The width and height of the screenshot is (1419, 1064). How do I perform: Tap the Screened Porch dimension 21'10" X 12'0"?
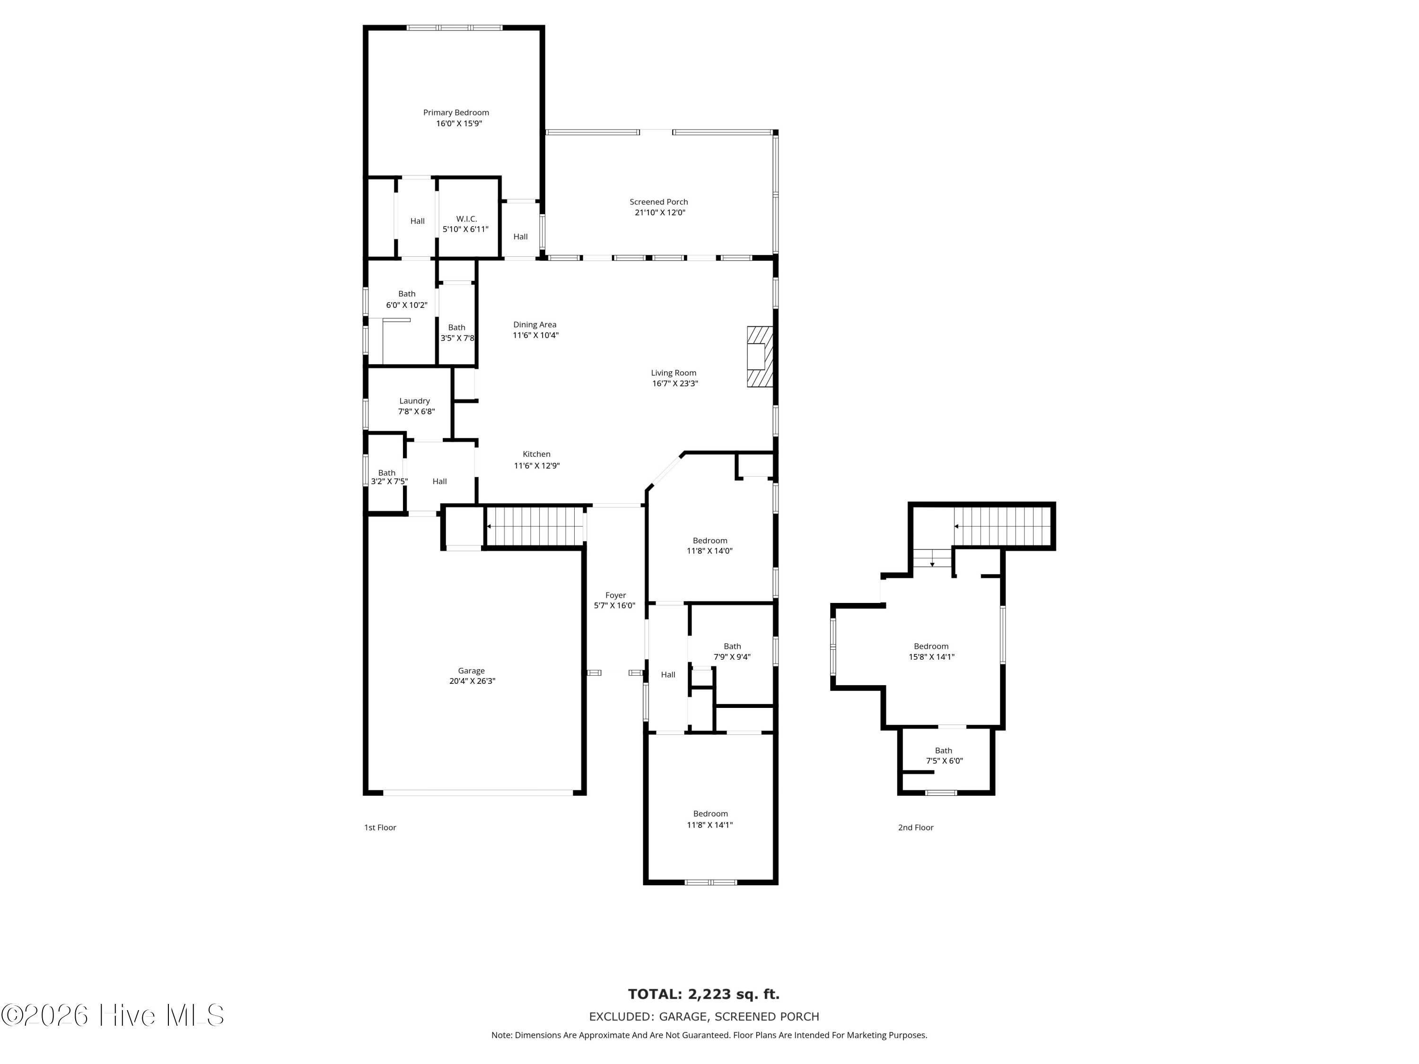(659, 212)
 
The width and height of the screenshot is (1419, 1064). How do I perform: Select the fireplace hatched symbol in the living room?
(760, 357)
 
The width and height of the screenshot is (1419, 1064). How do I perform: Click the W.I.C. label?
(466, 218)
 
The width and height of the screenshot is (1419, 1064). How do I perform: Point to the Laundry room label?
(414, 401)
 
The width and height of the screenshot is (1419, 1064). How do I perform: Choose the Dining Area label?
(534, 324)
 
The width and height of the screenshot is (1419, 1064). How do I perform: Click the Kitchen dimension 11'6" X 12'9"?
(536, 466)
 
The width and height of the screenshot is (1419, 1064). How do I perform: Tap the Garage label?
(472, 671)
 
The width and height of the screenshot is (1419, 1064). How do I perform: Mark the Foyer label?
(615, 595)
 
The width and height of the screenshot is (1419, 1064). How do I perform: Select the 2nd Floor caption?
(915, 828)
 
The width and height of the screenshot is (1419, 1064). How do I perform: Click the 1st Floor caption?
(380, 828)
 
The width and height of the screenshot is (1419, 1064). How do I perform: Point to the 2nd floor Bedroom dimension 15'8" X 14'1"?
(931, 657)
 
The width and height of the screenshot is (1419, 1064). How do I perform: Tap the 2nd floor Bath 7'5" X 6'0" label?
(944, 756)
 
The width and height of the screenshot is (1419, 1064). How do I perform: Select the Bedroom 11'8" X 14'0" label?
(709, 546)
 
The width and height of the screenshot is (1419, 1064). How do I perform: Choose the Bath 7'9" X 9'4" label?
(732, 652)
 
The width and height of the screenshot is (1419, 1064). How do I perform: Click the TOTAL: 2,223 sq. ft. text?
(704, 994)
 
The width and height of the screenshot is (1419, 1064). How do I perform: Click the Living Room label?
(674, 373)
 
